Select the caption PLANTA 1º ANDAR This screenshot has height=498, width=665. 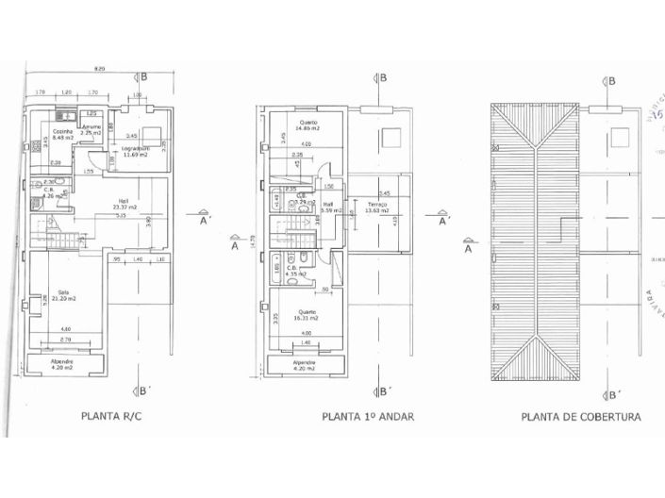pyautogui.click(x=368, y=415)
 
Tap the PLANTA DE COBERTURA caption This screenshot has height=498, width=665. pyautogui.click(x=581, y=415)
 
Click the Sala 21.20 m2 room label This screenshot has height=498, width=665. pyautogui.click(x=65, y=295)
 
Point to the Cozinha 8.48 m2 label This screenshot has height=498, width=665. pyautogui.click(x=62, y=134)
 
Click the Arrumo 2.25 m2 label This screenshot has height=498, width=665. pyautogui.click(x=91, y=130)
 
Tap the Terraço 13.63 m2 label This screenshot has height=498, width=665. pyautogui.click(x=378, y=208)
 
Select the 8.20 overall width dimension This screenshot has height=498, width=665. pyautogui.click(x=99, y=70)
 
